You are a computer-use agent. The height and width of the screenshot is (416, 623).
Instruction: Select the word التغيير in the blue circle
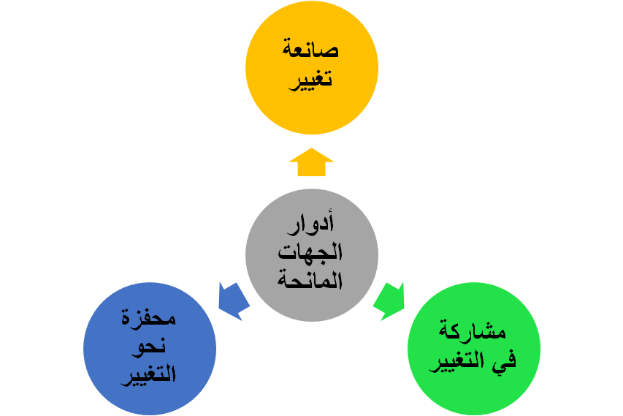150,374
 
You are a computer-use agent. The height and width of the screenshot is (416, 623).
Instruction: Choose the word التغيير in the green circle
460,360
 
